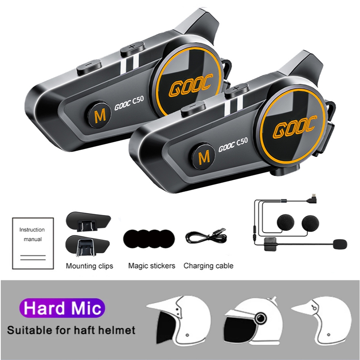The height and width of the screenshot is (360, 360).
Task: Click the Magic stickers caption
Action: [151, 266]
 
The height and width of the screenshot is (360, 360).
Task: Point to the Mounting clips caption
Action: [89, 266]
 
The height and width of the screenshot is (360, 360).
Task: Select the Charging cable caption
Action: [208, 266]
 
